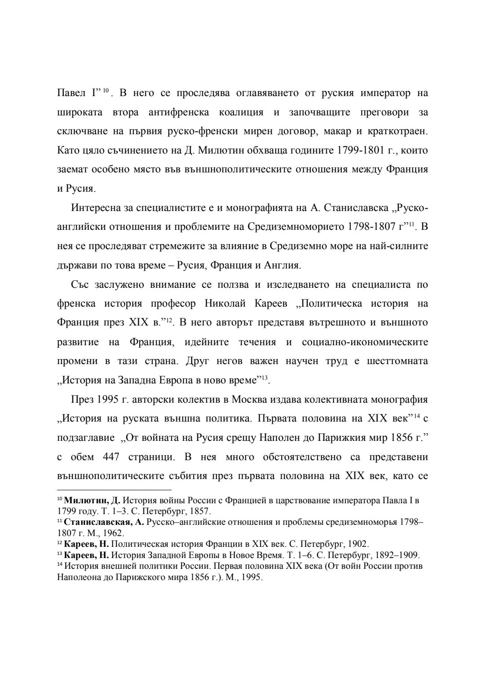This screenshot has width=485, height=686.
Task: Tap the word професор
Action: click(x=173, y=303)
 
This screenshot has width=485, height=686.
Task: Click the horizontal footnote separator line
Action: click(x=115, y=490)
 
